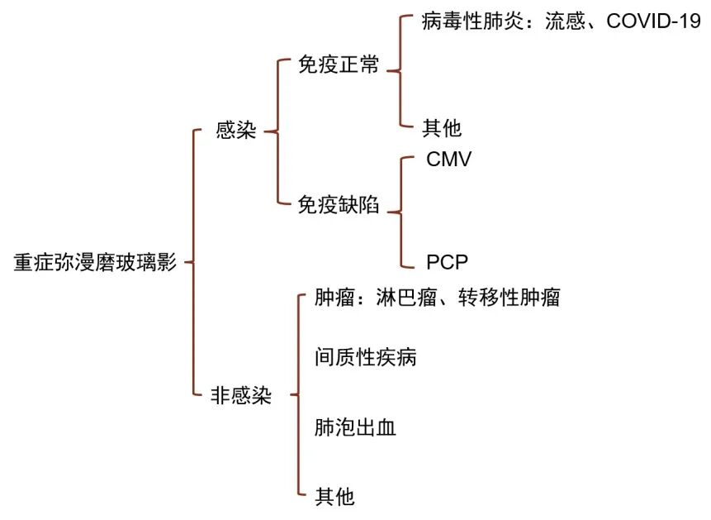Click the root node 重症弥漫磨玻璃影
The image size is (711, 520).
(95, 263)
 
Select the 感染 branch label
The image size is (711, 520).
(235, 131)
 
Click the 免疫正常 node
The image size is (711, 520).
(339, 65)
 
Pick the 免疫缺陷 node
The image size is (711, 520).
(339, 205)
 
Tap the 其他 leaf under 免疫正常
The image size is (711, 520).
(442, 128)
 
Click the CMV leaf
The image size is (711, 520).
(449, 160)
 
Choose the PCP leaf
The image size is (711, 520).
(448, 264)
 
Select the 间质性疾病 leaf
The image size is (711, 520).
(365, 357)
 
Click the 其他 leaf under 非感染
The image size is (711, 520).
(334, 497)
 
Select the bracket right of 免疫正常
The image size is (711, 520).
(400, 73)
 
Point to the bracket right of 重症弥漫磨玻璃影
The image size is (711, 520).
(192, 263)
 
